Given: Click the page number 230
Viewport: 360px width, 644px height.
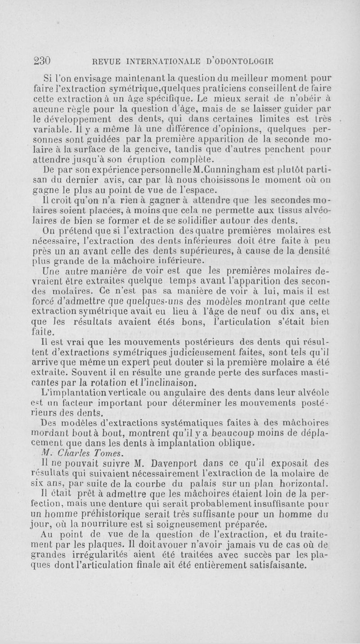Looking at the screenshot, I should point(42,60).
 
